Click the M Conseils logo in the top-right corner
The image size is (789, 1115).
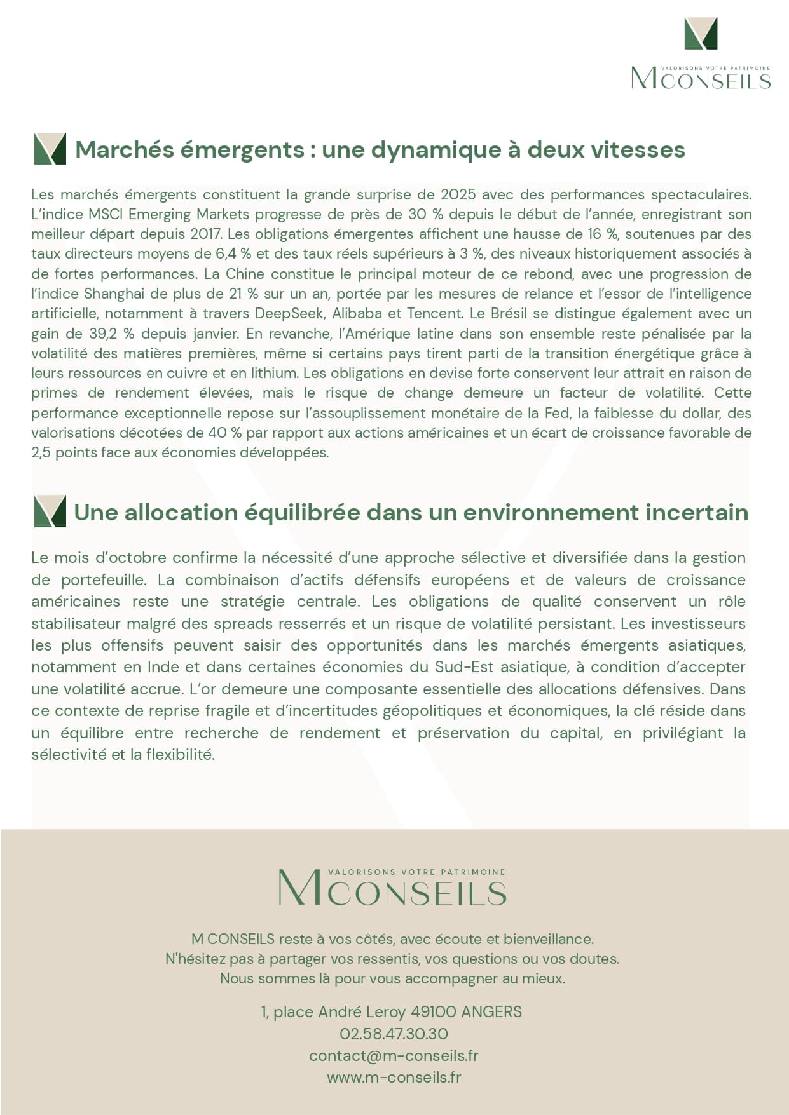pyautogui.click(x=701, y=54)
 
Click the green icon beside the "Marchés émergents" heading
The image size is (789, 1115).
pyautogui.click(x=50, y=149)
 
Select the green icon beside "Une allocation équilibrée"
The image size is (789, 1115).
pyautogui.click(x=50, y=512)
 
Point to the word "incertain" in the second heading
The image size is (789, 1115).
pyautogui.click(x=697, y=513)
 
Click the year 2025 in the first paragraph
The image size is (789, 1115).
pyautogui.click(x=458, y=194)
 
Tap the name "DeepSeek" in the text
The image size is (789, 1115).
pyautogui.click(x=289, y=313)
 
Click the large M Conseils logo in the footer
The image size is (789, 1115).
pyautogui.click(x=392, y=888)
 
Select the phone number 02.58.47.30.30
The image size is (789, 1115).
pyautogui.click(x=394, y=1034)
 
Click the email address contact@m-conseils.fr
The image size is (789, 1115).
pyautogui.click(x=394, y=1055)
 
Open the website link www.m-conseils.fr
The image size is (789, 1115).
pyautogui.click(x=394, y=1077)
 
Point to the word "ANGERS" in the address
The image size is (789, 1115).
pyautogui.click(x=491, y=1011)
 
